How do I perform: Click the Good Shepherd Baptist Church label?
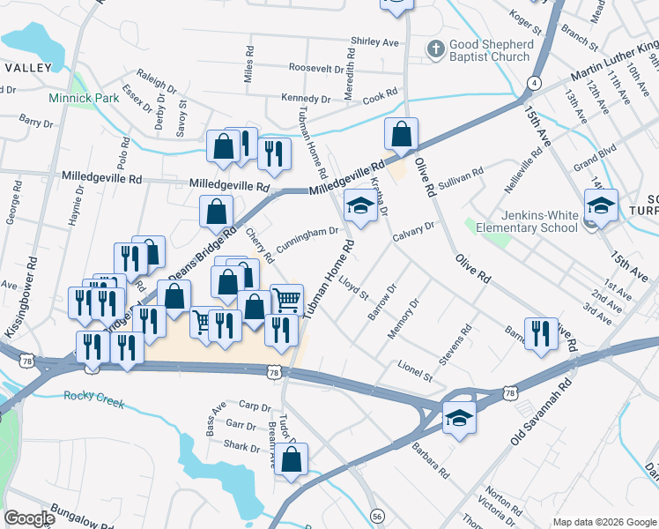point(491,50)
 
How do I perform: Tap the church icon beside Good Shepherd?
point(435,49)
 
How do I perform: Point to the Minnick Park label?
point(84,99)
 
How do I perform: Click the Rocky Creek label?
point(93,396)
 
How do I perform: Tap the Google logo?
point(29,518)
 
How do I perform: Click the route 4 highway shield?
point(535,82)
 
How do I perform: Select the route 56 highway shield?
point(377,515)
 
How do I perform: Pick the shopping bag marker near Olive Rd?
point(401,134)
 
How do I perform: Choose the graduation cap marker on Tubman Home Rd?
point(359,205)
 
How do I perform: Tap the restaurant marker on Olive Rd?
point(539,333)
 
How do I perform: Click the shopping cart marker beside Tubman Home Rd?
point(287,300)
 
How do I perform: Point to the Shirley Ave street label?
point(375,41)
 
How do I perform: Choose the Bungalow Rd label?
point(78,510)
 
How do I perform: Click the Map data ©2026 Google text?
point(603,521)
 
